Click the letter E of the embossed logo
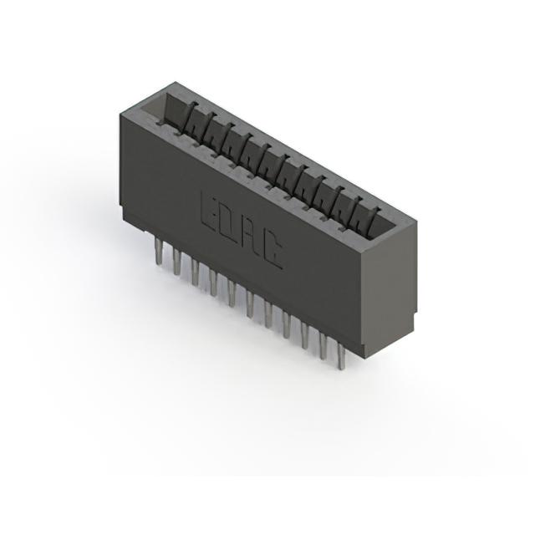coord(211,211)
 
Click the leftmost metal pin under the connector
coord(158,251)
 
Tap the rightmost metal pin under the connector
coord(341,356)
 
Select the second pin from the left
coord(176,262)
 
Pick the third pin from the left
coord(195,273)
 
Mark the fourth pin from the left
coord(213,283)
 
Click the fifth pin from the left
coord(232,293)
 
